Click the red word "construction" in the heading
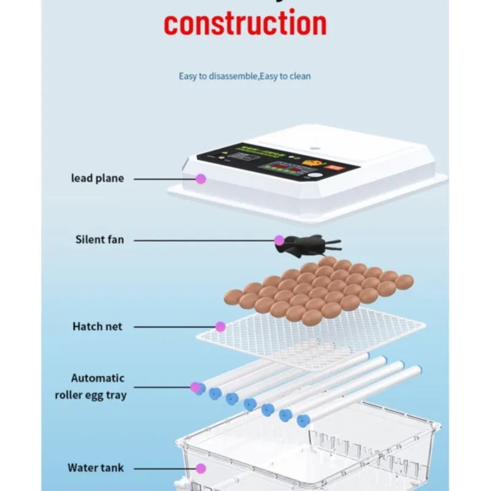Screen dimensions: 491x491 coord(245,23)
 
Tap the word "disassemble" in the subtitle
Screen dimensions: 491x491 coord(230,76)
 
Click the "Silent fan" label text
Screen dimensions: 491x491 coord(99,239)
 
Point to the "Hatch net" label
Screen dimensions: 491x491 coord(97,327)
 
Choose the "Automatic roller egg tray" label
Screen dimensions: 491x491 coord(98,387)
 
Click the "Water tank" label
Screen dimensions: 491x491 coord(96,468)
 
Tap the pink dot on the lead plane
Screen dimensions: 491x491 coord(200,179)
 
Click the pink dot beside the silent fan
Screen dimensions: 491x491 coord(279,240)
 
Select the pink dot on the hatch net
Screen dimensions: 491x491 coord(220,327)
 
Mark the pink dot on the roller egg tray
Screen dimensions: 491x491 coord(196,387)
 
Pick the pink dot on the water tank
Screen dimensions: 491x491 coord(201,468)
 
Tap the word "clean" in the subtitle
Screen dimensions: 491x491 coord(300,76)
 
